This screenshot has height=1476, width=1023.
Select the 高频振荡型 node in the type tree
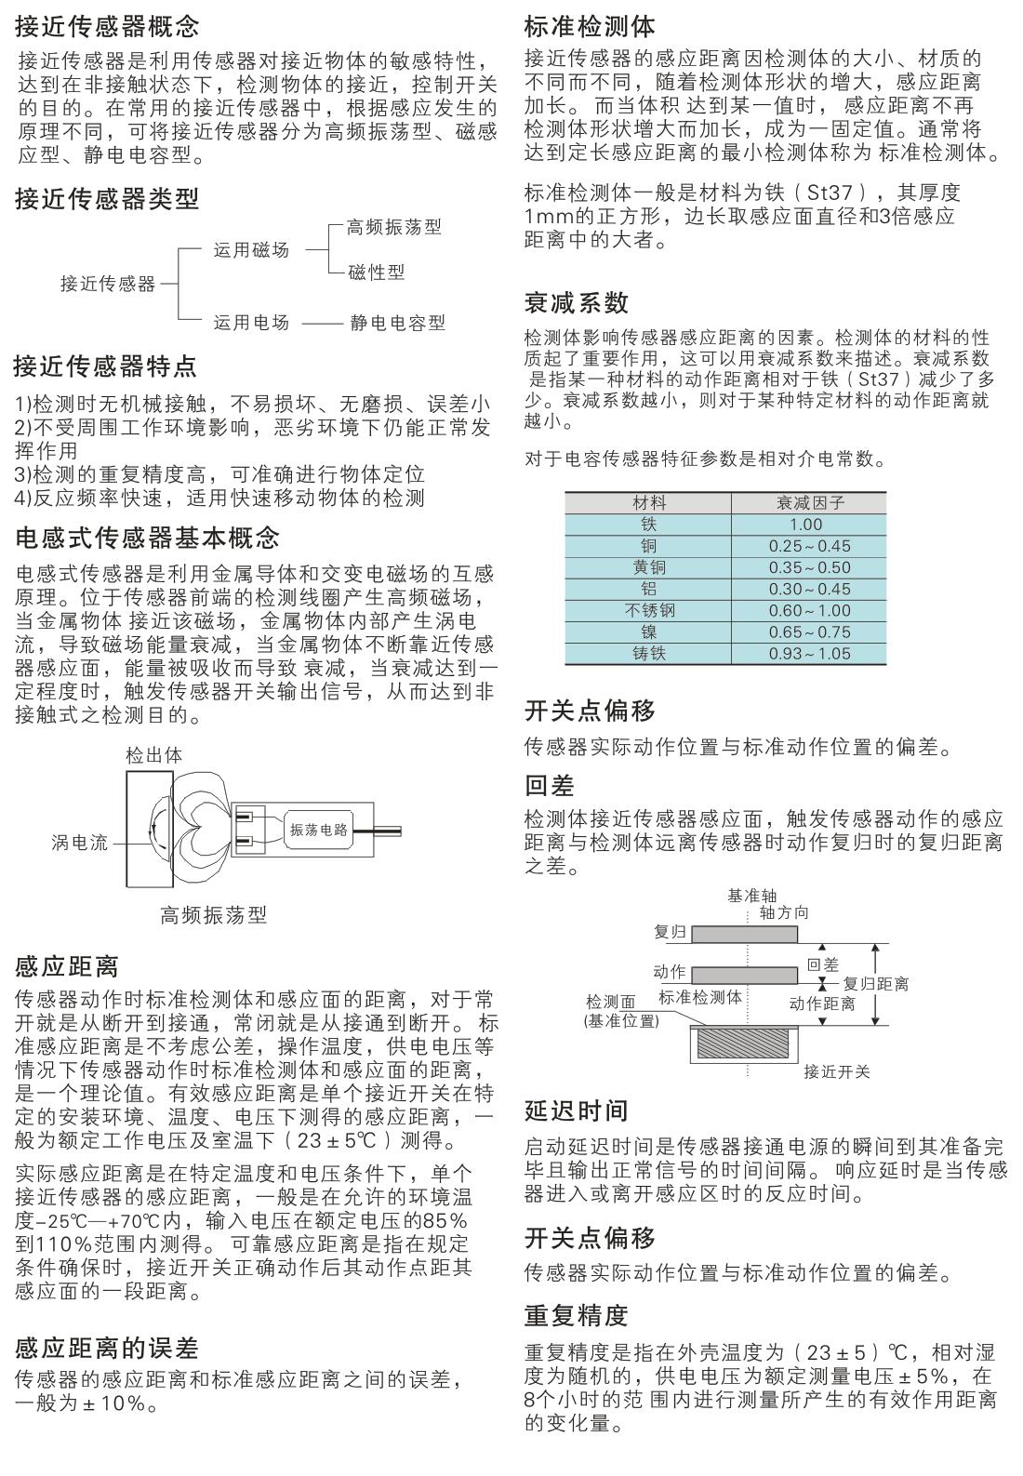393,226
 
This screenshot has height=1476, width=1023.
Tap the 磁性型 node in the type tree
376,272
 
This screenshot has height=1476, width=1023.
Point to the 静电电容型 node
397,323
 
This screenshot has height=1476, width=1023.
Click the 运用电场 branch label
251,323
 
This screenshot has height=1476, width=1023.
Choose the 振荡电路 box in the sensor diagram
319,830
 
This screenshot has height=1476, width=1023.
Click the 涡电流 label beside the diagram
79,843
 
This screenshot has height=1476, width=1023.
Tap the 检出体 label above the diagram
154,755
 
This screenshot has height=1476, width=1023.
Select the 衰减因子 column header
810,502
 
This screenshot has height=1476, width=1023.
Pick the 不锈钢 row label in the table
649,610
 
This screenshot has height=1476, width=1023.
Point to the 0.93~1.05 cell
809,653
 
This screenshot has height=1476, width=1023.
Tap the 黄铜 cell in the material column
649,566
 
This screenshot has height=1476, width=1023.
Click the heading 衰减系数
577,302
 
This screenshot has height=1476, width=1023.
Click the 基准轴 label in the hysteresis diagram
751,896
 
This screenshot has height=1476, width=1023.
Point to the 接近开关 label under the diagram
837,1071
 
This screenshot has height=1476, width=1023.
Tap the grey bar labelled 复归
744,933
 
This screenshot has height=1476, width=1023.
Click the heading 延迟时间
577,1110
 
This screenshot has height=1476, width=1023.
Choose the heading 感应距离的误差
107,1348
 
